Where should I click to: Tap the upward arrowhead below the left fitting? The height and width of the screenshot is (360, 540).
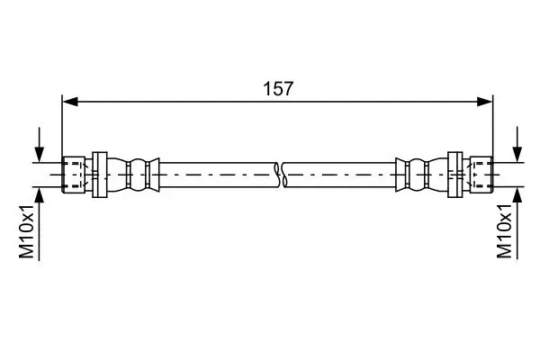pos(39,193)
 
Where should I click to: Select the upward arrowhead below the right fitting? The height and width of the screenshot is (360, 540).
pos(517,193)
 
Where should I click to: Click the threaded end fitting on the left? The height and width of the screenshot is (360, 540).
pos(74,173)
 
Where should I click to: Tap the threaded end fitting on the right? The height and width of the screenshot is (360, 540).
pos(481,173)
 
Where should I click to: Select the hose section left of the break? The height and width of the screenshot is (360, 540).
pos(216,173)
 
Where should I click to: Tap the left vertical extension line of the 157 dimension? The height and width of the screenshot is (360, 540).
pos(61,126)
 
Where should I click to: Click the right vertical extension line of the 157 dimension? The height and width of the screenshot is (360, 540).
pos(494,126)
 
